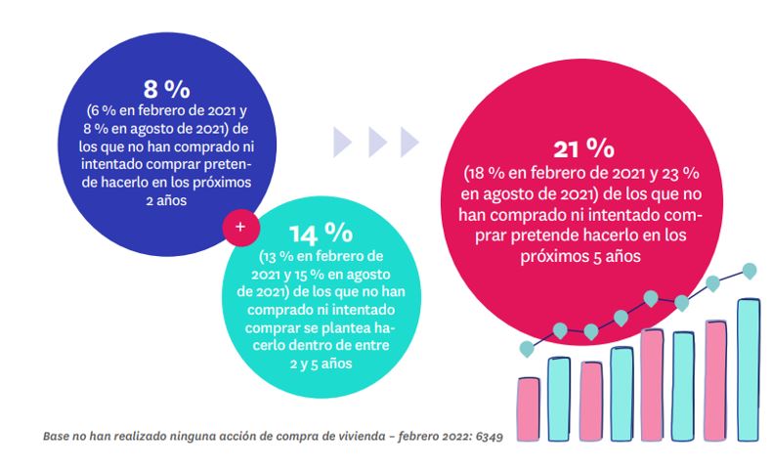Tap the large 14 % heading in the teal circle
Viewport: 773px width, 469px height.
click(320, 232)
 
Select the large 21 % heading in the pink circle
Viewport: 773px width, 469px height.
click(582, 149)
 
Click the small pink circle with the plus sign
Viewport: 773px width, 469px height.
click(240, 227)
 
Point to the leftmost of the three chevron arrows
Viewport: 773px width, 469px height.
click(342, 142)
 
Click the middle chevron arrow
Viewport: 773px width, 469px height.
click(375, 142)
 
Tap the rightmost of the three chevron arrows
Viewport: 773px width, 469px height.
click(408, 142)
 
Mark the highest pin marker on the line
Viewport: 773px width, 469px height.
click(750, 270)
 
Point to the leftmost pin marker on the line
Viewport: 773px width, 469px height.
click(527, 347)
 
